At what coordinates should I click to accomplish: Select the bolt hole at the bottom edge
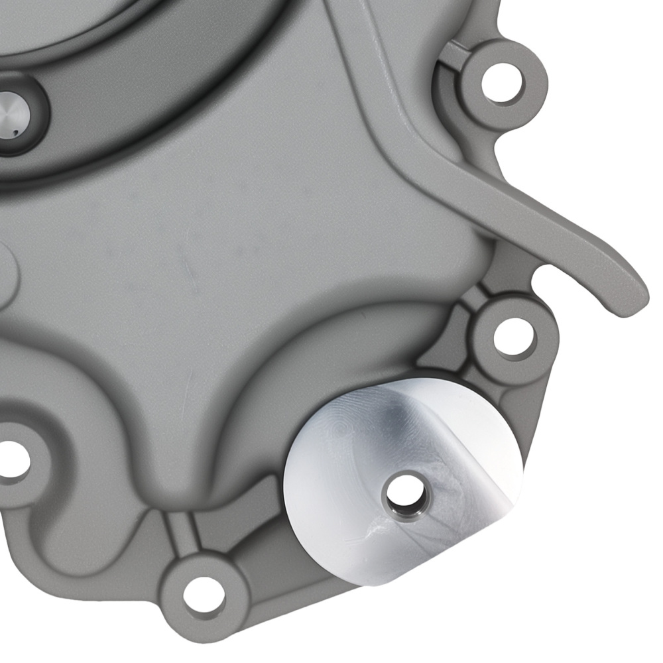201,591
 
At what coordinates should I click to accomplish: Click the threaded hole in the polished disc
405,494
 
